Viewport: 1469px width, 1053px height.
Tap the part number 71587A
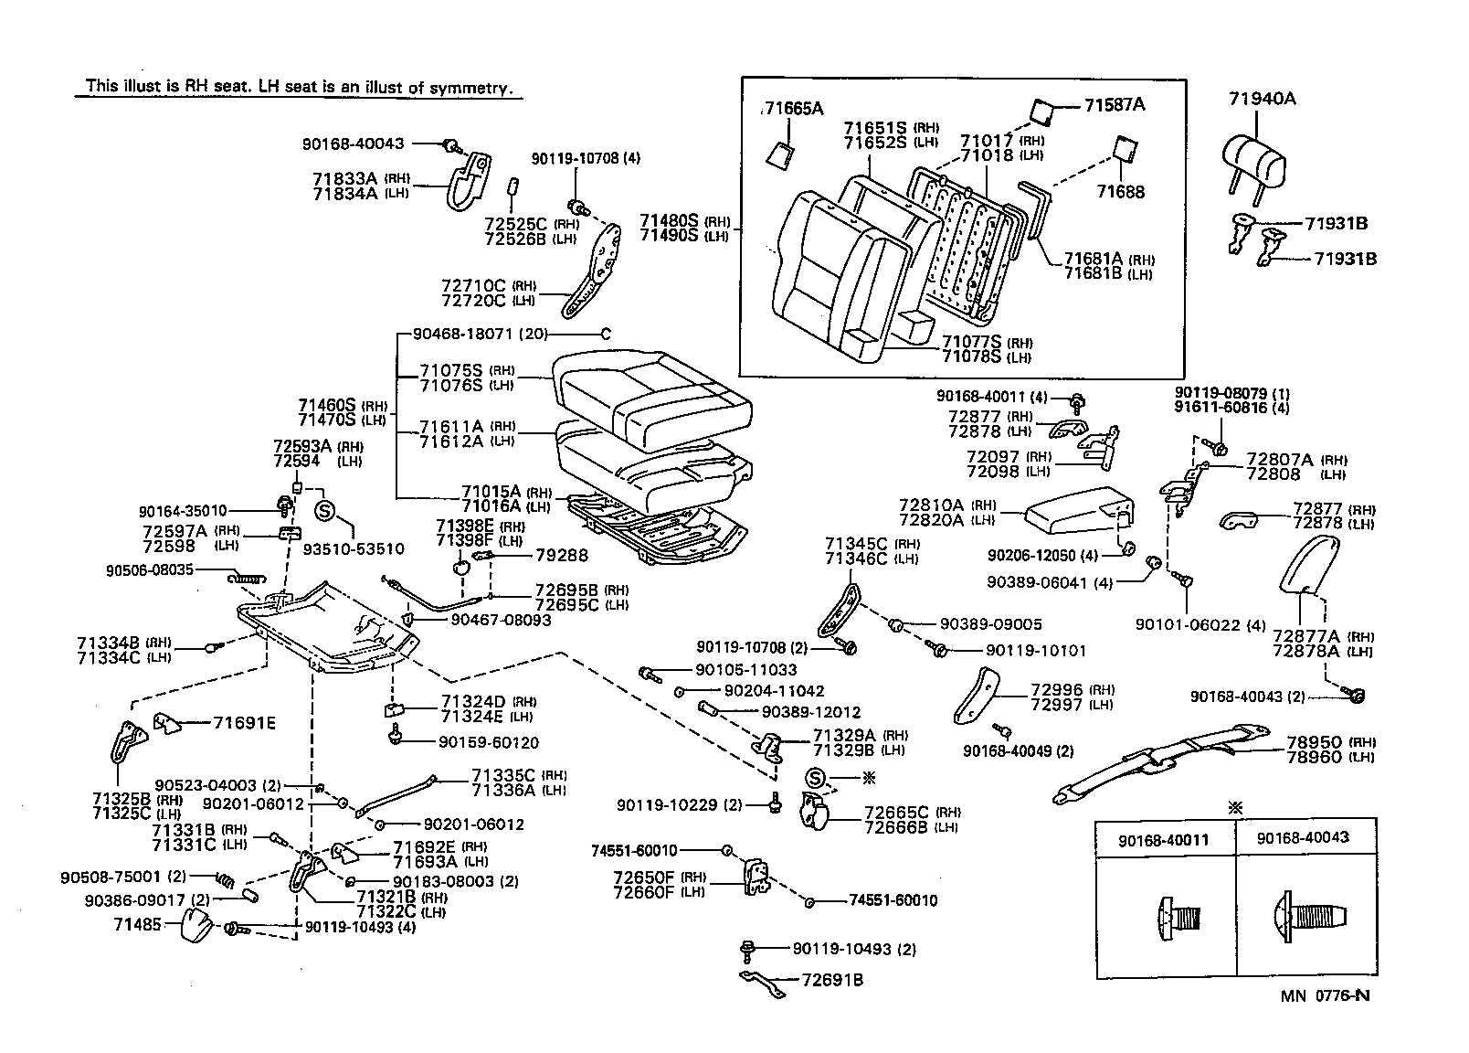1115,104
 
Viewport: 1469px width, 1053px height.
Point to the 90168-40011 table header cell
1165,838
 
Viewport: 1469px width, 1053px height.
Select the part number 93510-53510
354,548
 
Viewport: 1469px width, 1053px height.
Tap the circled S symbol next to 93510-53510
323,510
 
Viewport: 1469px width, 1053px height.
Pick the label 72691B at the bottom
831,981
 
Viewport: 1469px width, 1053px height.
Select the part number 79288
561,555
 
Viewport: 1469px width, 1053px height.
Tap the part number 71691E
244,723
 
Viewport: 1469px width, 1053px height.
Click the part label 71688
1121,192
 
